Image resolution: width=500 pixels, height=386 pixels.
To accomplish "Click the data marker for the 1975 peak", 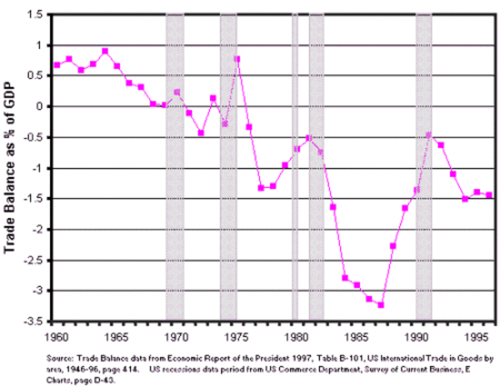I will [x=237, y=59].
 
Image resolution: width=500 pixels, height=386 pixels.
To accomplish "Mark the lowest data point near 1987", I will [x=381, y=305].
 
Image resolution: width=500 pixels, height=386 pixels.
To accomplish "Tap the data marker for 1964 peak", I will [x=105, y=51].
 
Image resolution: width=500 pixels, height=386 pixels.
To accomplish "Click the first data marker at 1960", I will [x=57, y=65].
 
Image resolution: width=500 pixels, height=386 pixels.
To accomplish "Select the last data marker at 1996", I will [x=489, y=195].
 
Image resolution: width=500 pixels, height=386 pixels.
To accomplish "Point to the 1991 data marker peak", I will [x=428, y=135].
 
